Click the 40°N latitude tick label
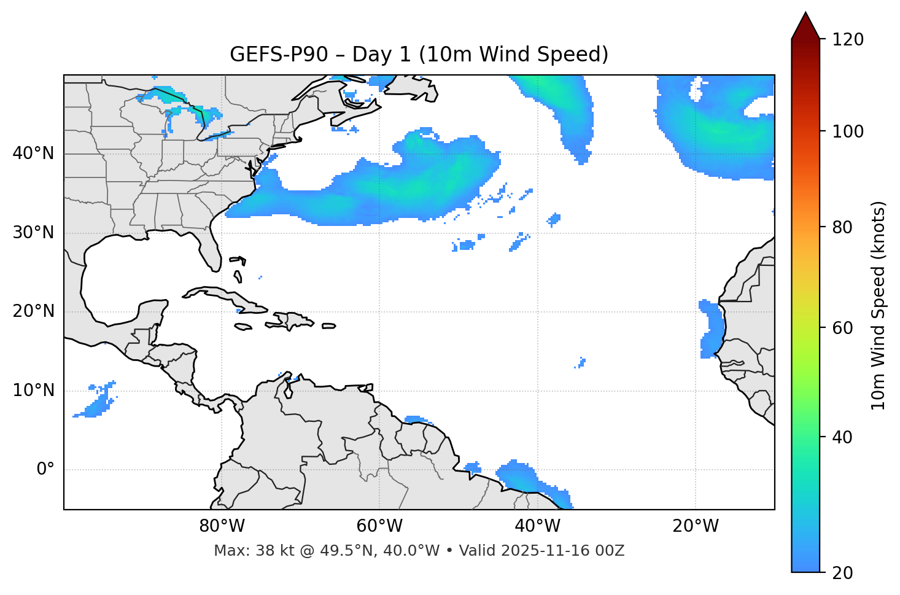pos(33,154)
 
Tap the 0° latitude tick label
pos(45,470)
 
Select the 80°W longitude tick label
pos(222,526)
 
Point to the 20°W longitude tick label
pos(696,526)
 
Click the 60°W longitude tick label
pos(379,526)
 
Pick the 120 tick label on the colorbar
pos(848,39)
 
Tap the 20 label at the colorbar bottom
pos(843,572)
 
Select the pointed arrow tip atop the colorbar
pos(805,15)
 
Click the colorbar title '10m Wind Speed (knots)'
pos(879,305)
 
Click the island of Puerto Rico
pos(329,326)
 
